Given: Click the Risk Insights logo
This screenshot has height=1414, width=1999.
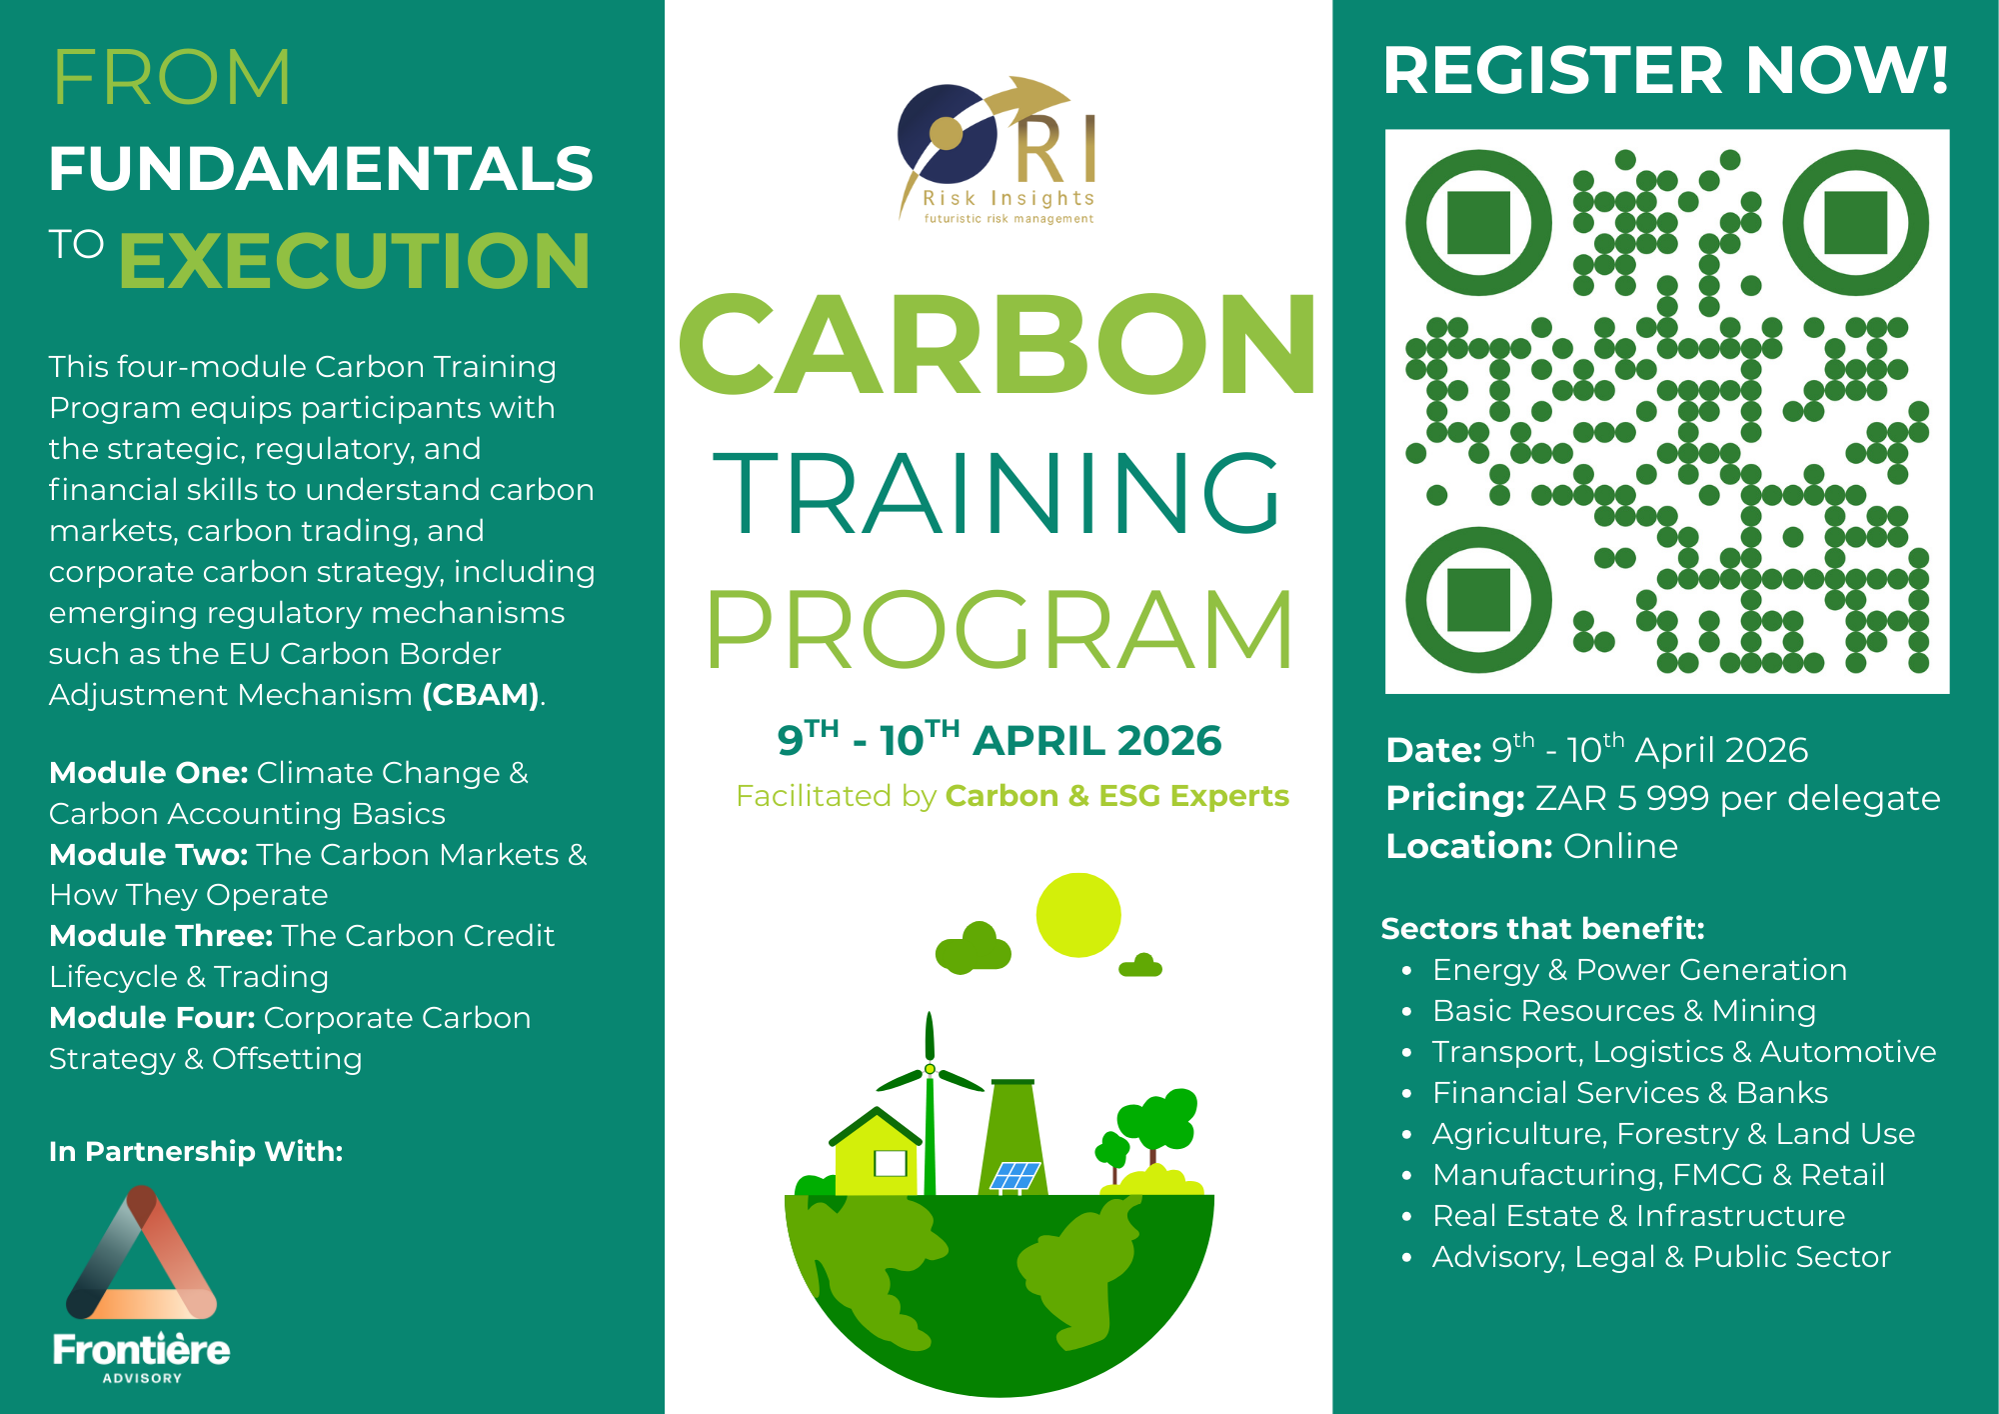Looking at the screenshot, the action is (x=998, y=150).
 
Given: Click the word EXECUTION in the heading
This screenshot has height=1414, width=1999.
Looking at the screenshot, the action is (x=355, y=261).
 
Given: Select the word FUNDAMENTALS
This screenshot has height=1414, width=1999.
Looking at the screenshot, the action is (x=321, y=168).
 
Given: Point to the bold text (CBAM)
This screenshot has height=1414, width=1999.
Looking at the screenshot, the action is (x=481, y=695).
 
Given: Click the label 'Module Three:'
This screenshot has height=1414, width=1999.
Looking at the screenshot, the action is (x=161, y=936).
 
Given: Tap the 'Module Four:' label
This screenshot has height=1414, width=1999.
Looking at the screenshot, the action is (x=153, y=1018).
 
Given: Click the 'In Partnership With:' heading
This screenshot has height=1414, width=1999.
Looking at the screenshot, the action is (x=196, y=1152).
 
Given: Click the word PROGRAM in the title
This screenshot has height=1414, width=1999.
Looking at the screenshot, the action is (x=1000, y=629).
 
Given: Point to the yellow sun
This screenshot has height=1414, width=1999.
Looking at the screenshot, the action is (x=1078, y=915).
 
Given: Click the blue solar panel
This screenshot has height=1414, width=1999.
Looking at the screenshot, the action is (x=1015, y=1175).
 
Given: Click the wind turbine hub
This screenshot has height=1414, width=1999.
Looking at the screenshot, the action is (x=930, y=1069).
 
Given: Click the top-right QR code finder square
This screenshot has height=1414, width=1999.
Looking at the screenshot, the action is (x=1856, y=223).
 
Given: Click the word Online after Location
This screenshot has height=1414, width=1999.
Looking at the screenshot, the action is (x=1620, y=847).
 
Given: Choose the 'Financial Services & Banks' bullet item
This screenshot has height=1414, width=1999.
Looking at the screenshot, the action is (x=1630, y=1093).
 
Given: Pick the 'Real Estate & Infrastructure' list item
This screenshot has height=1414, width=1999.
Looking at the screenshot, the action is (x=1639, y=1216).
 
